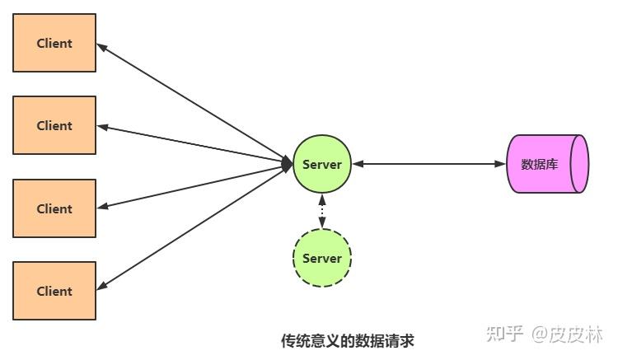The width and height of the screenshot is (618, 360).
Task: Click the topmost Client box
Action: pos(54,43)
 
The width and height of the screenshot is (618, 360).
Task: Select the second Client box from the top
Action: pos(54,125)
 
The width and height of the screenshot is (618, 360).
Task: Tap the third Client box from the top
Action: pos(54,208)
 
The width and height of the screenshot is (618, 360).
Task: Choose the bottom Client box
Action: pos(54,291)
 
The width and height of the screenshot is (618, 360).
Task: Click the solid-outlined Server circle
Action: pos(322,164)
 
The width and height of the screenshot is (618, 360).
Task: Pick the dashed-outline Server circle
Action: pos(322,258)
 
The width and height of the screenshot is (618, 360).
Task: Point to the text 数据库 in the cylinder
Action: pos(540,164)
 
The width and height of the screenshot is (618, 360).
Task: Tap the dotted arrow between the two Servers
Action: pos(322,211)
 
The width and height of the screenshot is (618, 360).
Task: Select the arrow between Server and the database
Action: pos(428,164)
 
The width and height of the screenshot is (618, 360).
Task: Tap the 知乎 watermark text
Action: pos(504,334)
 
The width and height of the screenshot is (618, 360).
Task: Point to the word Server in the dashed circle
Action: pos(322,258)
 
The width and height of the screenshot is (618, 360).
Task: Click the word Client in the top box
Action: pos(54,43)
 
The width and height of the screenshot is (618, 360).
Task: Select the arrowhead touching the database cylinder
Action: pos(500,164)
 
